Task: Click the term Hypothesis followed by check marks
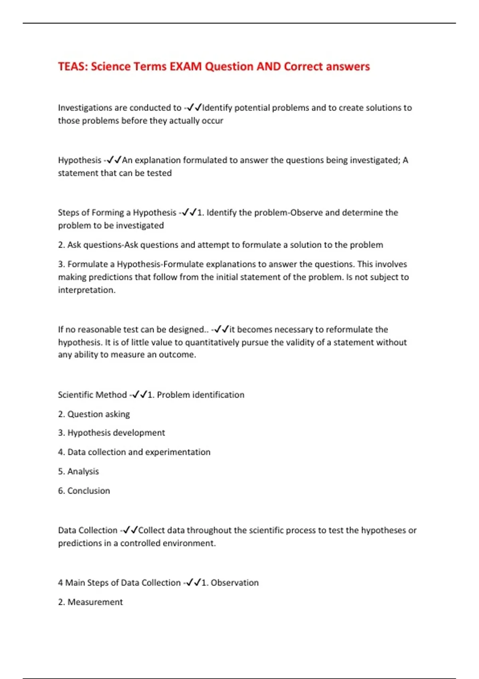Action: [x=79, y=160]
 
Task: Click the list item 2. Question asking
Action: [x=94, y=414]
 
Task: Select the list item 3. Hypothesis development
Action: [x=111, y=433]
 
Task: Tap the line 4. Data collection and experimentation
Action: [x=134, y=452]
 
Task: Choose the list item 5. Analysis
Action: [x=78, y=471]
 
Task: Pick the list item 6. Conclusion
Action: [x=84, y=491]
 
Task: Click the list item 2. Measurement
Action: [x=90, y=602]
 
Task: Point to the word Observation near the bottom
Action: [x=235, y=583]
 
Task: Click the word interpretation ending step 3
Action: [x=86, y=290]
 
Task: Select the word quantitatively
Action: [x=213, y=342]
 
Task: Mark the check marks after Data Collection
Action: [x=130, y=530]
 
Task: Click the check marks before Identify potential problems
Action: [x=194, y=108]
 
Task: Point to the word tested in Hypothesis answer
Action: [x=159, y=173]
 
